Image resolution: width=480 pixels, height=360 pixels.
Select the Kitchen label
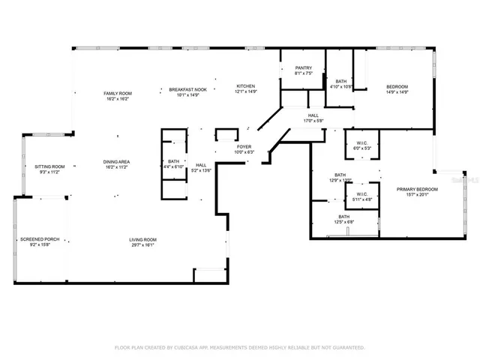click(x=247, y=85)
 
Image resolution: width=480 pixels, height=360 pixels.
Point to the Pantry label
click(x=304, y=68)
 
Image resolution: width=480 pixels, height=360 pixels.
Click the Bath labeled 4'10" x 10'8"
click(x=341, y=81)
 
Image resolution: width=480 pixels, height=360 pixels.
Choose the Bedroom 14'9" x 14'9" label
click(x=397, y=87)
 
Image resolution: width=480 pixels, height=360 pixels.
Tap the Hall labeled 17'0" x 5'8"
click(x=313, y=115)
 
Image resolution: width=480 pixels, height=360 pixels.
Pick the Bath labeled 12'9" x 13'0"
click(x=340, y=176)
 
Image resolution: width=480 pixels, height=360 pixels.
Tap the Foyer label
click(x=244, y=147)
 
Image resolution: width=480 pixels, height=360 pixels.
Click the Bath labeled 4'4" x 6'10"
click(x=174, y=161)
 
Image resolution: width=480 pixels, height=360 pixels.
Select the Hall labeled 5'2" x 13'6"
click(x=201, y=165)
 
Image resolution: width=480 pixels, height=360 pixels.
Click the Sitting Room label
click(x=49, y=166)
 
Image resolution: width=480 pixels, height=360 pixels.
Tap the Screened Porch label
click(x=40, y=239)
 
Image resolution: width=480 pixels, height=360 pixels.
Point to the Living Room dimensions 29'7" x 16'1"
click(x=142, y=244)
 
